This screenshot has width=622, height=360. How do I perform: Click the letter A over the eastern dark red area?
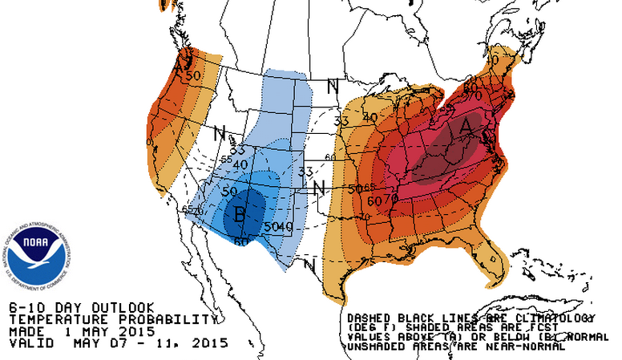(x=465, y=127)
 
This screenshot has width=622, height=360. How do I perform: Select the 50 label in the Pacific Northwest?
(x=192, y=75)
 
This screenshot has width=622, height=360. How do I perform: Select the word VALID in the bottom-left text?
(x=28, y=342)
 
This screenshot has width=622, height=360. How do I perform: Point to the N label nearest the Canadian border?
(x=332, y=83)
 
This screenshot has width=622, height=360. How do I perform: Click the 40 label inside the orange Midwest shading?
(x=370, y=117)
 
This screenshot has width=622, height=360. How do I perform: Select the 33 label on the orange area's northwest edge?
(x=341, y=122)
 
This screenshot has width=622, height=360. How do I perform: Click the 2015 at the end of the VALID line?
(x=211, y=342)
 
